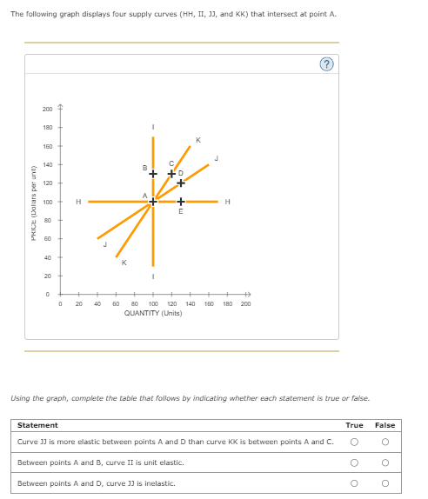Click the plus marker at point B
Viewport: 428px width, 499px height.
[153, 174]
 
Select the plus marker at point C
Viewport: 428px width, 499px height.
[171, 174]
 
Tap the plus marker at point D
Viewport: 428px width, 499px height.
[181, 183]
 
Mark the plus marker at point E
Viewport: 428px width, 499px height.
[181, 202]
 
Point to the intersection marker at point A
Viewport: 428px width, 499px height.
[153, 202]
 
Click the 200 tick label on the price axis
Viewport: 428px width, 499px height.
[47, 109]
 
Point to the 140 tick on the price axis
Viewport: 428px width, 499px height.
[47, 164]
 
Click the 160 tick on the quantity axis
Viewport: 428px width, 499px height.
[209, 304]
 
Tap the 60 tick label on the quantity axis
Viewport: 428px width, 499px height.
[116, 304]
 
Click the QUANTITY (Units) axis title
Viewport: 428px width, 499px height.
[153, 313]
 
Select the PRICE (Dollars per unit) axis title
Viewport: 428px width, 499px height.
[32, 202]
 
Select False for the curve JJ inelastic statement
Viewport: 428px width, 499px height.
[385, 482]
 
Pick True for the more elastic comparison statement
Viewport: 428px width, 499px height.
[354, 442]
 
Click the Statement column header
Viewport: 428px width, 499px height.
[37, 425]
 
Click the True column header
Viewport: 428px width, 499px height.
[354, 425]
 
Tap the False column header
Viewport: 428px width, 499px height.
[385, 425]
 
